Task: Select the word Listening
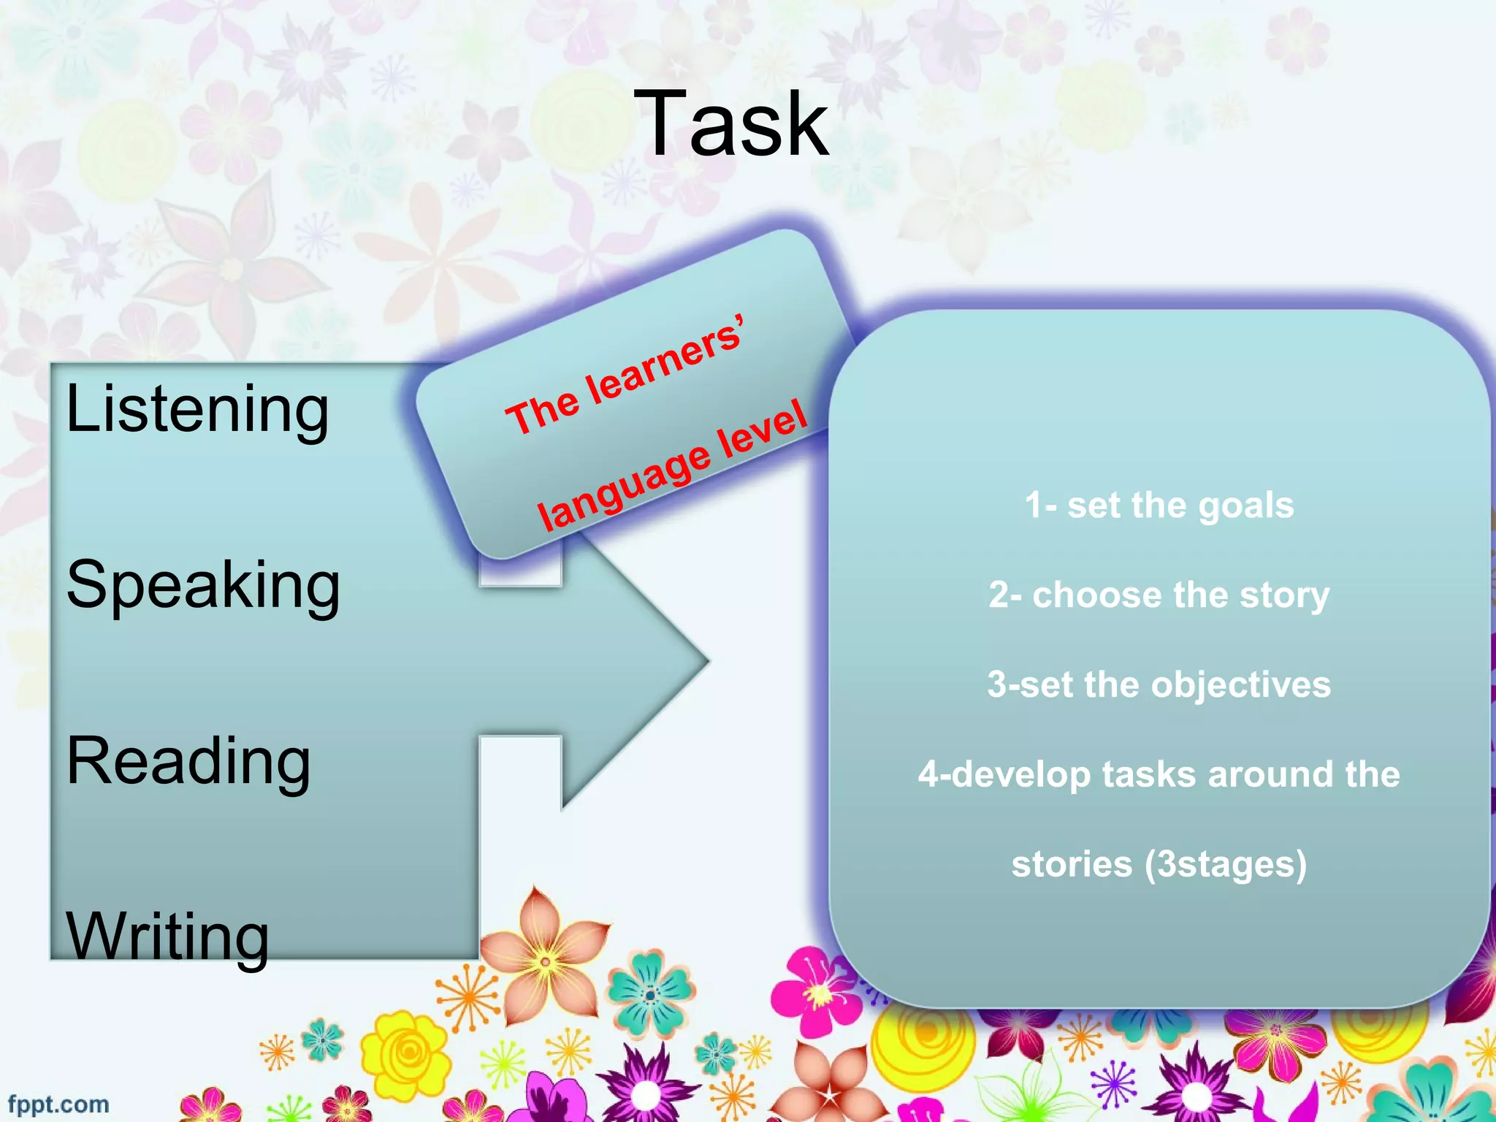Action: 197,409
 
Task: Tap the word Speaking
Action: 203,584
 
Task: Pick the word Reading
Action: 188,761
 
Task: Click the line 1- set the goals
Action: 1159,505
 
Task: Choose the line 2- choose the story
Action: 1159,595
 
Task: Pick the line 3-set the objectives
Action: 1159,684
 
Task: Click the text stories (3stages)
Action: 1159,864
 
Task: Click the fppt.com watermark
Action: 58,1104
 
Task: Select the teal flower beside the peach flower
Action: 651,993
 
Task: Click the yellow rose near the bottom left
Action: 406,1052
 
